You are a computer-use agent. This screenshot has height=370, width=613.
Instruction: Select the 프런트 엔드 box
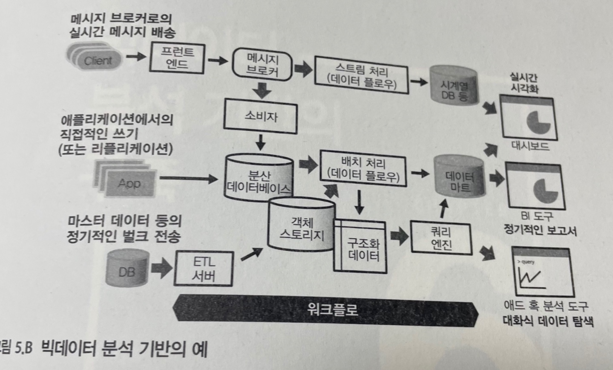[177, 58]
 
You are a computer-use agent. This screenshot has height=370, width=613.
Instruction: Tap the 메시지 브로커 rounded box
[262, 65]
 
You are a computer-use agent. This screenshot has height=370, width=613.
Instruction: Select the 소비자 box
[260, 116]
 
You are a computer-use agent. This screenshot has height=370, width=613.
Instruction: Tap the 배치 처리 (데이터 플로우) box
[363, 169]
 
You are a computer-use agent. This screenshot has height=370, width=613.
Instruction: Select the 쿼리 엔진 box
[441, 237]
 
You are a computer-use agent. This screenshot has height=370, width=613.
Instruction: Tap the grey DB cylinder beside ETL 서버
[127, 268]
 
